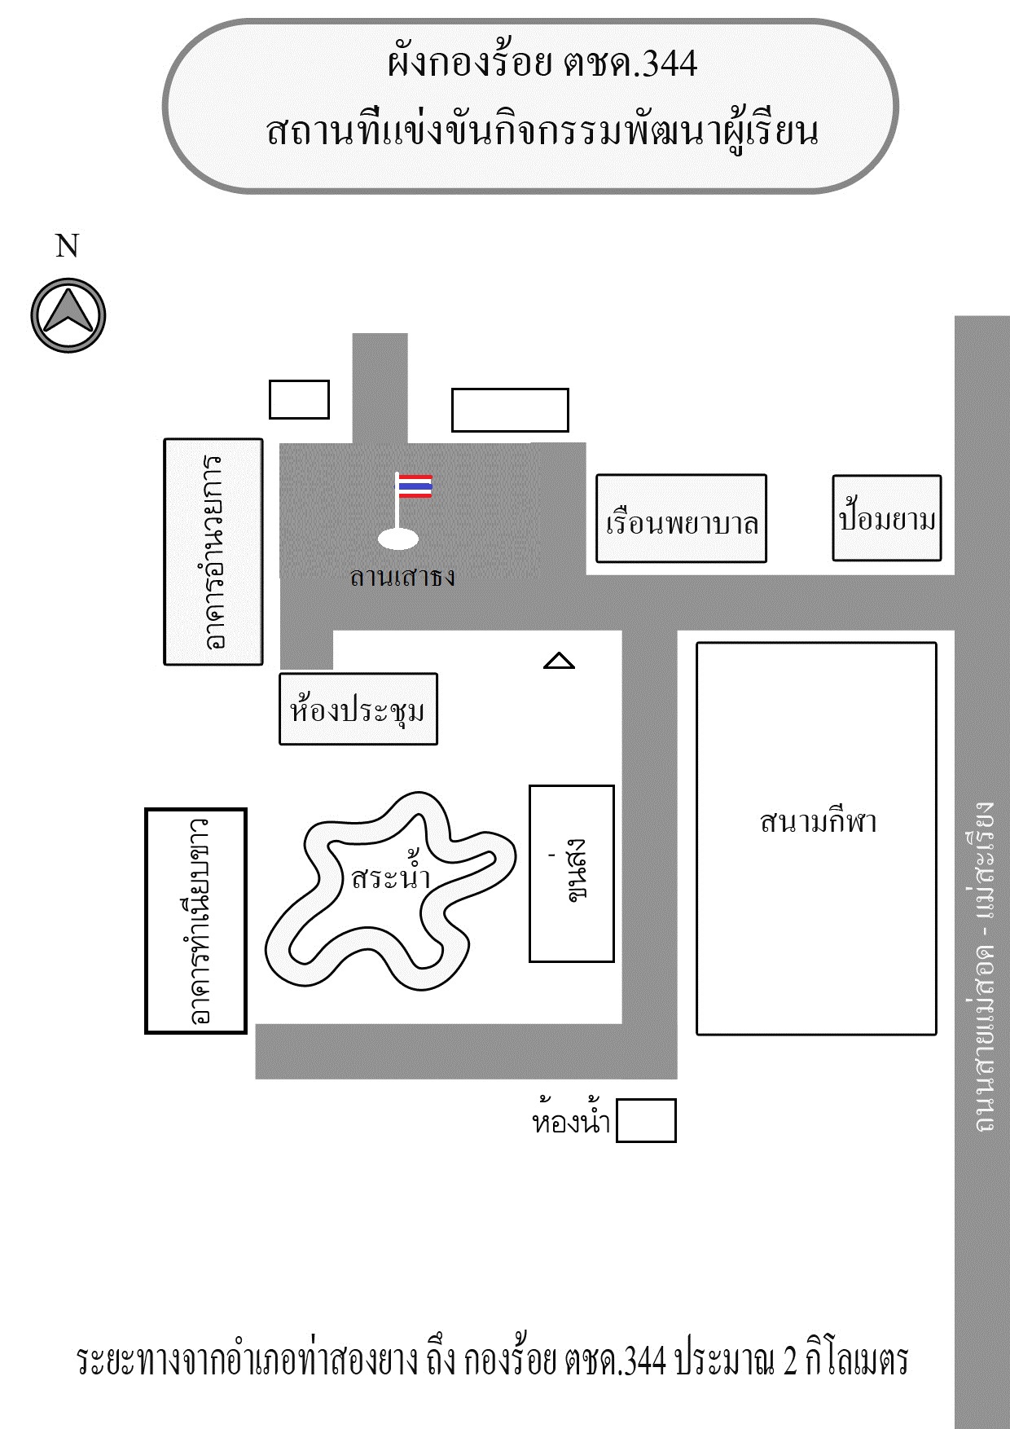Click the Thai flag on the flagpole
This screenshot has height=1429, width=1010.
(x=415, y=486)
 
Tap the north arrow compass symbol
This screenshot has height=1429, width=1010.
(x=68, y=315)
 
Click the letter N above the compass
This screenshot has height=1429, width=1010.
(x=67, y=245)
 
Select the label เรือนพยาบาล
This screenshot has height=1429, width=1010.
(x=682, y=522)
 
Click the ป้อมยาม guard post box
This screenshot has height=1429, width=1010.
(x=886, y=519)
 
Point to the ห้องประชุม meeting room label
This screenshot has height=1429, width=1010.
(x=358, y=710)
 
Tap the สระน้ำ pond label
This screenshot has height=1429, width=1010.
(x=390, y=877)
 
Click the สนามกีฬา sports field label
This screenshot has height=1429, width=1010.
(x=817, y=821)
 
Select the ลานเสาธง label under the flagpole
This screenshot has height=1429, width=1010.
(x=402, y=577)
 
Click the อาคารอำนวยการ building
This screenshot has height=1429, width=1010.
(x=213, y=552)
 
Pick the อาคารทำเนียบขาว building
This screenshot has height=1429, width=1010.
(x=195, y=921)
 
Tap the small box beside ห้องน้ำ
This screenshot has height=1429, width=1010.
(x=646, y=1120)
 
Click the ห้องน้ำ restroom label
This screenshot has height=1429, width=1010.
(x=571, y=1122)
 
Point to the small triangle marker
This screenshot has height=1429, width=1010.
(x=559, y=661)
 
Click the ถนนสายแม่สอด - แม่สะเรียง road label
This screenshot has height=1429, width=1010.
(x=982, y=965)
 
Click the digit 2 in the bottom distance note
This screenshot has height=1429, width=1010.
(x=789, y=1361)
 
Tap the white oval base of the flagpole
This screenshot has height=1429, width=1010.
(x=399, y=539)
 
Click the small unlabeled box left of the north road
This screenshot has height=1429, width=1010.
(x=299, y=399)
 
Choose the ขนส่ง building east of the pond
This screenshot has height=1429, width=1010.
(x=571, y=873)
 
